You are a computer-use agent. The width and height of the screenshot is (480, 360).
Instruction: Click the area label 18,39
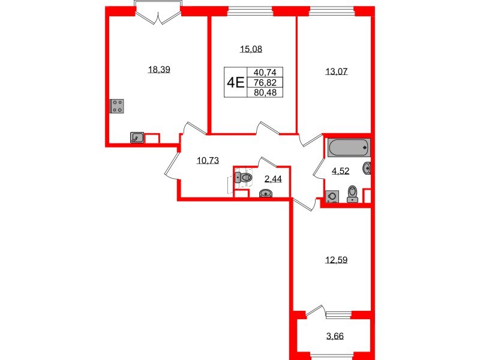pos(159,70)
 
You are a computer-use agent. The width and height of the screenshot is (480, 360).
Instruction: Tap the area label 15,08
pos(251,50)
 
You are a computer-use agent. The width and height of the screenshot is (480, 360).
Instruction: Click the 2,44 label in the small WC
pos(274,179)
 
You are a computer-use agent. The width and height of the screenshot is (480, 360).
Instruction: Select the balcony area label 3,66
pos(335,335)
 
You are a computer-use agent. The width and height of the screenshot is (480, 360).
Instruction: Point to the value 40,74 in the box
pos(264,71)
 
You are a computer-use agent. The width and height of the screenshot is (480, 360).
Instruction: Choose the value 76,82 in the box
pos(264,82)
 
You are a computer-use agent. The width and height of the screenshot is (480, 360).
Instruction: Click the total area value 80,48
pos(264,93)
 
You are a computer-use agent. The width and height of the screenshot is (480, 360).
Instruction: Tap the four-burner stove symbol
pos(118,107)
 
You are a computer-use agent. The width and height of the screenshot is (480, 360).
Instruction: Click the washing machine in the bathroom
pos(332,196)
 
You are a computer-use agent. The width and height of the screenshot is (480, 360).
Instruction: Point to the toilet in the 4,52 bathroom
pos(353,193)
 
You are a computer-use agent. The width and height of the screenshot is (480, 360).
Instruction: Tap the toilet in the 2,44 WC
pos(245,177)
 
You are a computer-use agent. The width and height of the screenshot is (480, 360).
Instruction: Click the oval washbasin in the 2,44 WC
pos(265,193)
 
